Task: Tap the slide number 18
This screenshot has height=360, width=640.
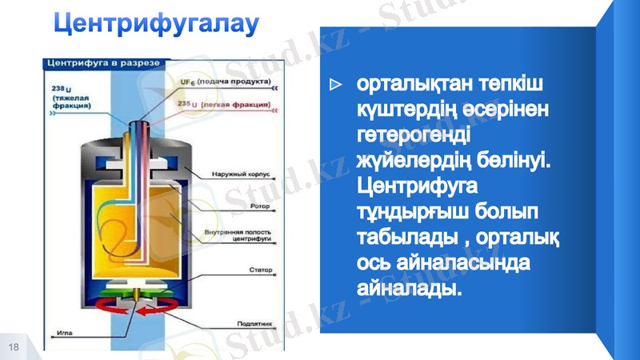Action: click(14, 346)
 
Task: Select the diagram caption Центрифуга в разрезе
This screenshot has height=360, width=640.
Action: click(105, 62)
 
